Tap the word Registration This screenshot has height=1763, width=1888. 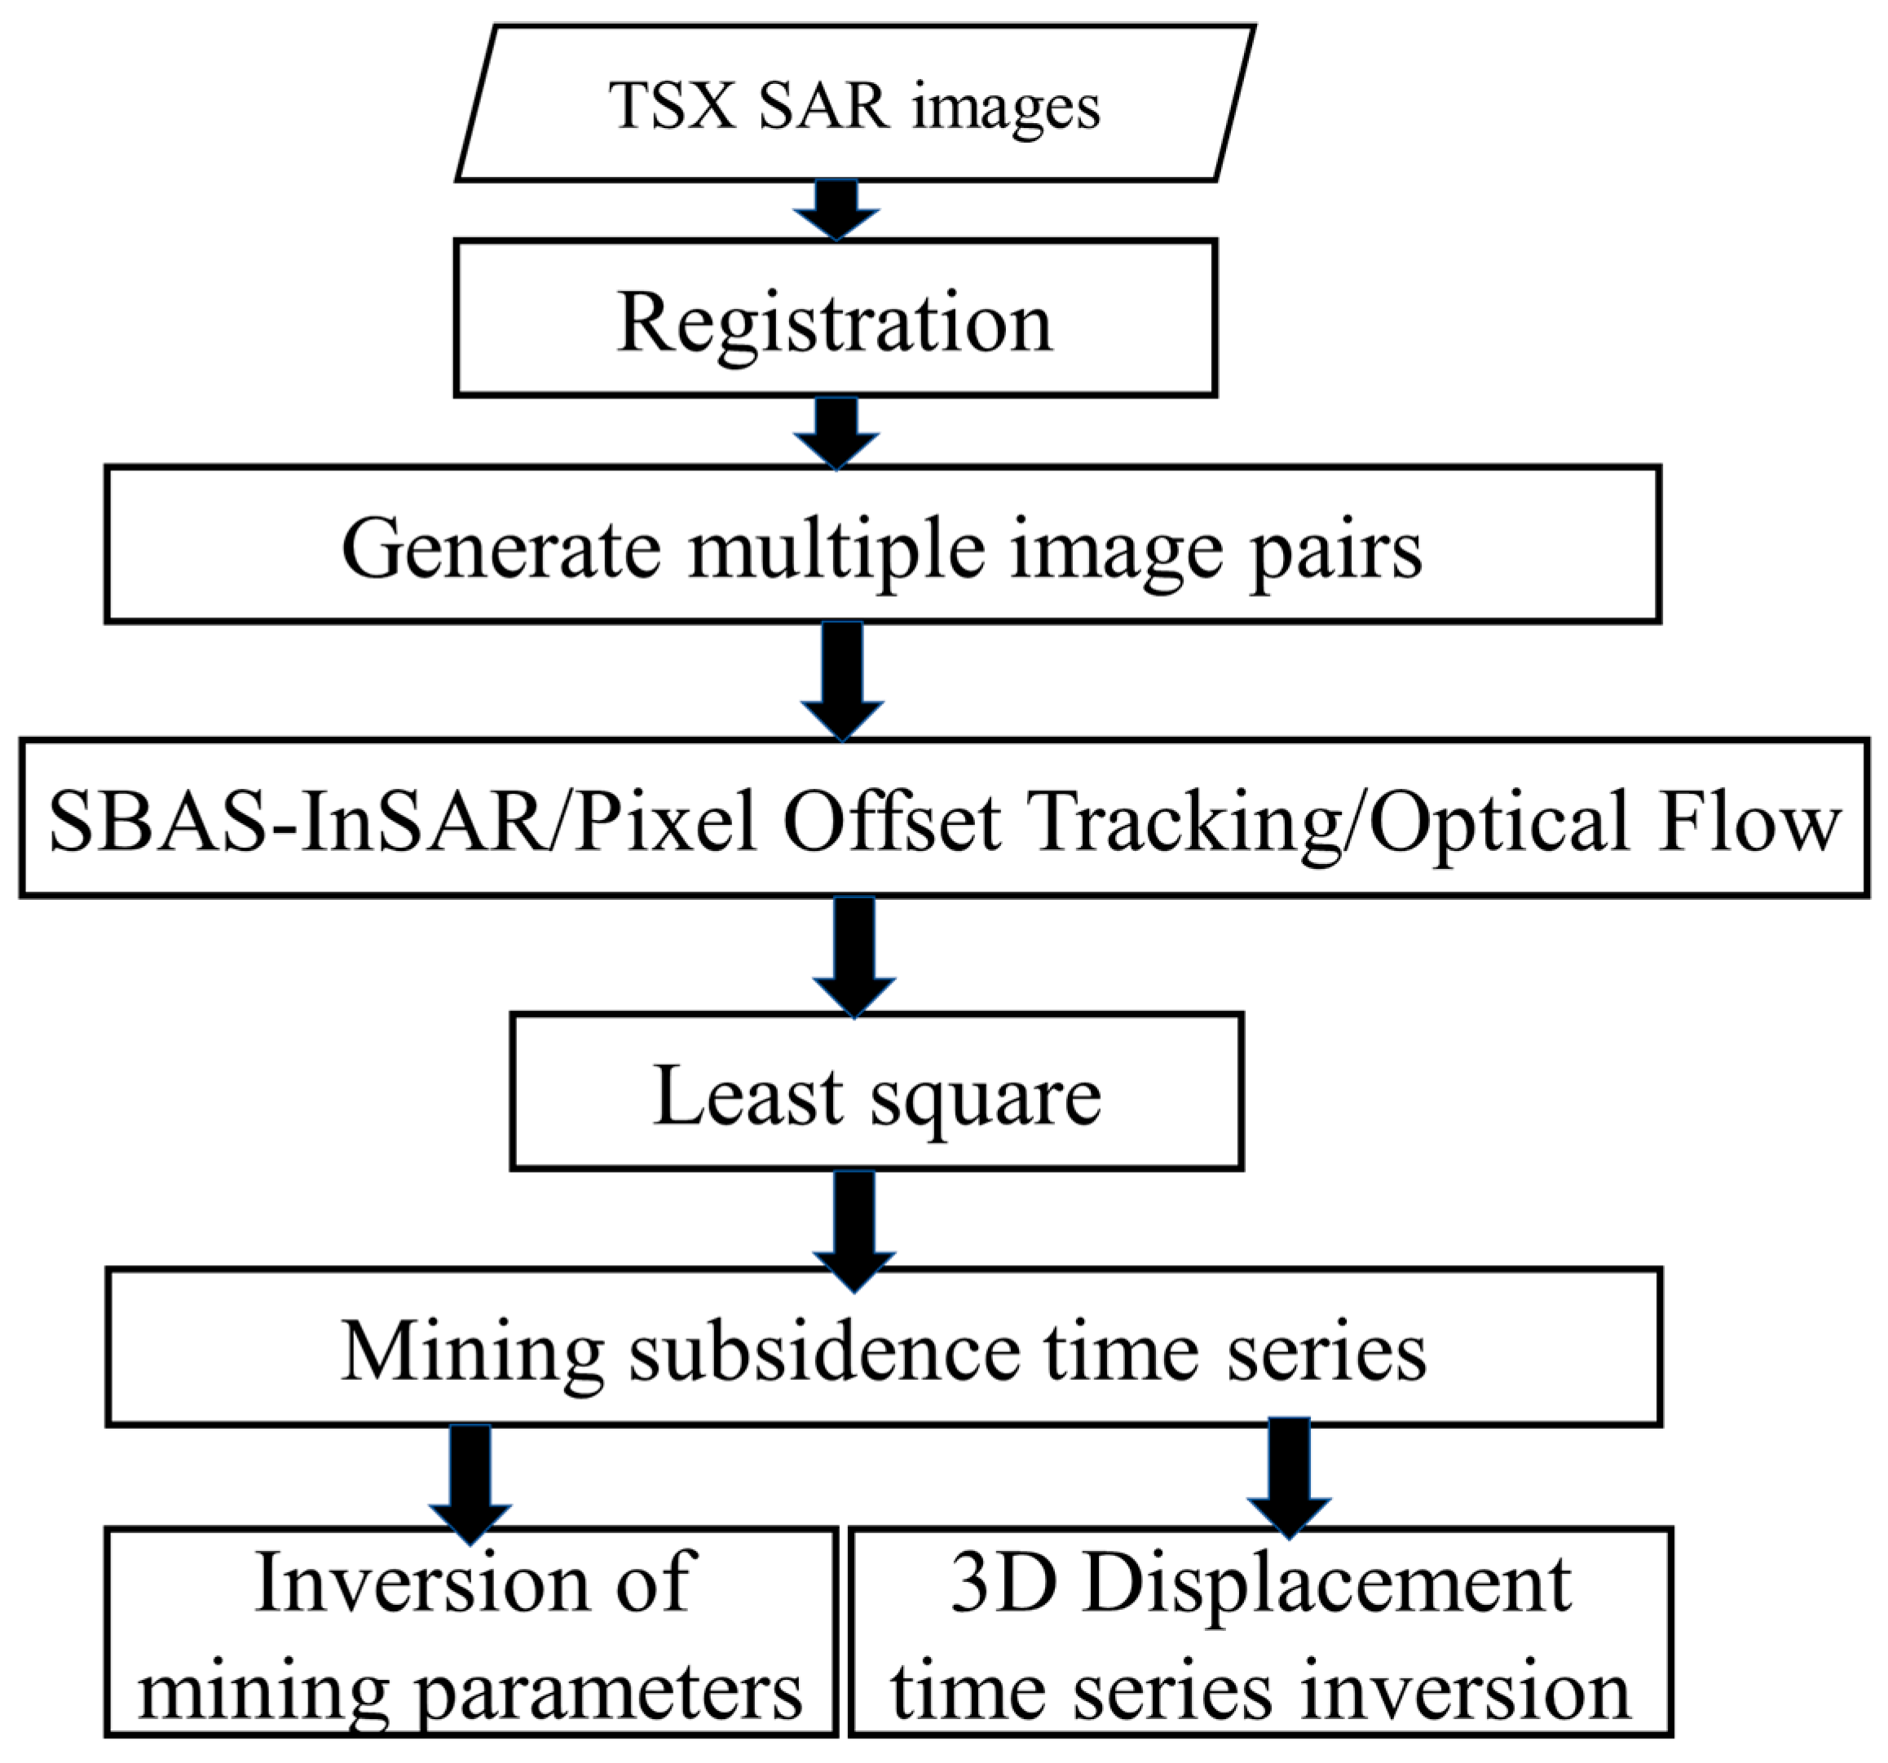click(835, 323)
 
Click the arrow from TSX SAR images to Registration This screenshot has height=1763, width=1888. click(836, 209)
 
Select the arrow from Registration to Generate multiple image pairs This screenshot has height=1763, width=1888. click(836, 432)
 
